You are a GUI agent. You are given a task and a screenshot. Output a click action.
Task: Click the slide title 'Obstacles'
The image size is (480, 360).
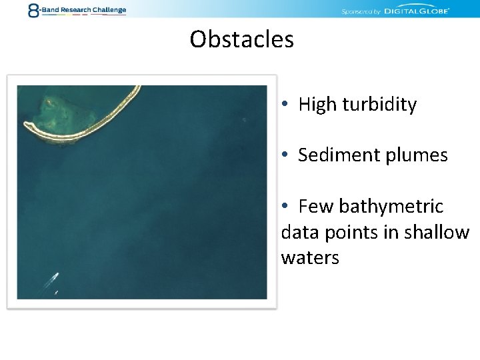(x=241, y=39)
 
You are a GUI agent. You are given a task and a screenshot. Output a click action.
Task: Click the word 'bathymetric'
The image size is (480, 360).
(x=391, y=207)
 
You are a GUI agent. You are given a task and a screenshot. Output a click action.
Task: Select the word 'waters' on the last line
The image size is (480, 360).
(x=310, y=258)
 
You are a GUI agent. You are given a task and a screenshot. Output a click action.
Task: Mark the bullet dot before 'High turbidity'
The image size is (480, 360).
(x=285, y=105)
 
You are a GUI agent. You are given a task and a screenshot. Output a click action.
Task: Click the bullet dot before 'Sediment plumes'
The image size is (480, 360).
(x=285, y=155)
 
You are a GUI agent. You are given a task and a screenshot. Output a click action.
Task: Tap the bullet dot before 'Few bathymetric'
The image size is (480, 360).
(x=285, y=207)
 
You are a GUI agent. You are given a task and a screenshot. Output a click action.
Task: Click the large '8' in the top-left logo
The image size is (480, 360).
(x=33, y=10)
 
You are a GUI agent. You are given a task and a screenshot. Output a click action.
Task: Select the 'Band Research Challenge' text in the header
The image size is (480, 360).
(x=83, y=10)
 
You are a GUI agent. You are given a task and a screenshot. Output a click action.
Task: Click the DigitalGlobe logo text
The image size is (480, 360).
(x=416, y=11)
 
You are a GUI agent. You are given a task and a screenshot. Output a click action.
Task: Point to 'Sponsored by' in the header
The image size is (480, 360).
(x=361, y=11)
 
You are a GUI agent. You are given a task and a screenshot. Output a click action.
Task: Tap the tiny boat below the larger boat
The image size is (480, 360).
(x=56, y=292)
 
